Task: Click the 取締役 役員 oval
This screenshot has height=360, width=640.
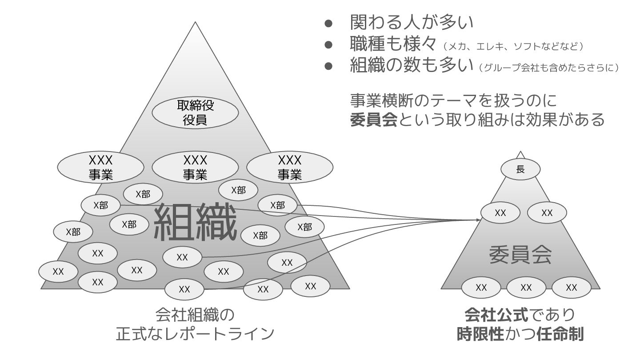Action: click(195, 112)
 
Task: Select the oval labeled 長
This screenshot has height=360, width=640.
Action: click(520, 169)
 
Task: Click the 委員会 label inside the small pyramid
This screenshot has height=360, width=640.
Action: click(520, 255)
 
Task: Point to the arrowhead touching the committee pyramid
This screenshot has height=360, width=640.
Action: click(479, 220)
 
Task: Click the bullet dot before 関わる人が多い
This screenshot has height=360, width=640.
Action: click(328, 22)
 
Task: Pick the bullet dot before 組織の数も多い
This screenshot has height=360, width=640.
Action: click(328, 66)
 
